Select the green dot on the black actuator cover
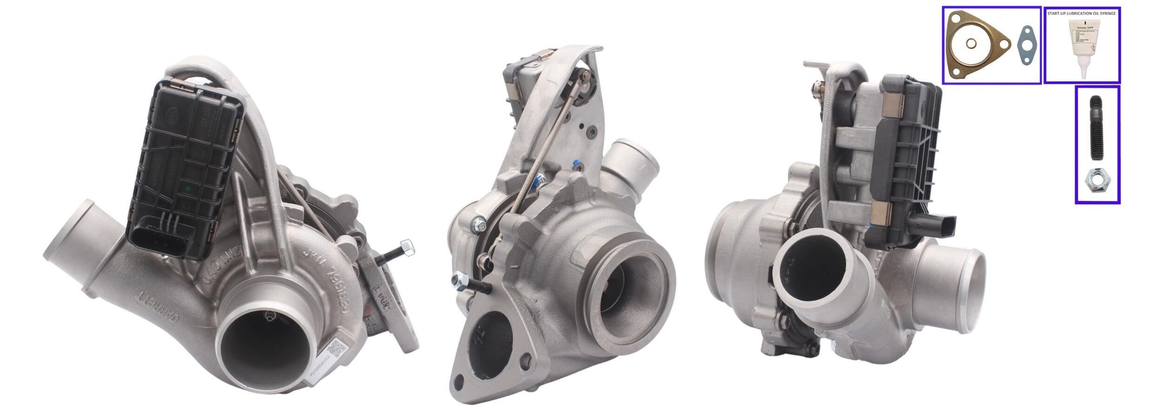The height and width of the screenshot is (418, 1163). tap(188, 189)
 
